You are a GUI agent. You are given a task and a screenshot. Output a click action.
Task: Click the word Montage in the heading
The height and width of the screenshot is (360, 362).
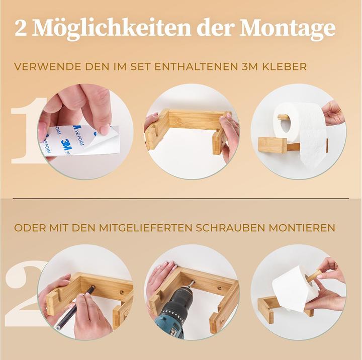[x=288, y=29]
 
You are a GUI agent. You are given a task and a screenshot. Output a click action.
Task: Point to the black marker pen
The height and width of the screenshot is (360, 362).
[x=75, y=307]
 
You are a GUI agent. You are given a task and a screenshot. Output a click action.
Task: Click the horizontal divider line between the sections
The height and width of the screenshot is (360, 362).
[x=181, y=199]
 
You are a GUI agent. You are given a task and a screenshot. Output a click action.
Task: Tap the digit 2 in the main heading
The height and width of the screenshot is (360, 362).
[x=21, y=29]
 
